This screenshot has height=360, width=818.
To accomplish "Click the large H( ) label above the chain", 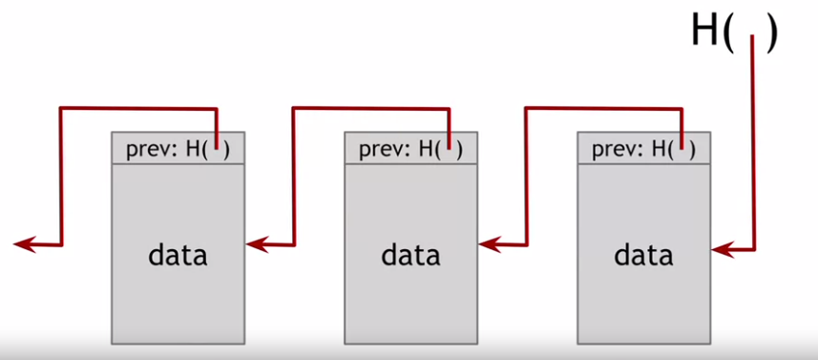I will (734, 32).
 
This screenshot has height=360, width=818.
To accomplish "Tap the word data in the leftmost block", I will (178, 255).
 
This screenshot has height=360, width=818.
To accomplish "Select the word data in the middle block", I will (410, 255).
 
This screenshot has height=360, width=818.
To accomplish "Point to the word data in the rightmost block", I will (643, 255).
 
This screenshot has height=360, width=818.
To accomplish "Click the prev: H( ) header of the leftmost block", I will (178, 148).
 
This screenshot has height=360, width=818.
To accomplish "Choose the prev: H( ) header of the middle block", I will (410, 148).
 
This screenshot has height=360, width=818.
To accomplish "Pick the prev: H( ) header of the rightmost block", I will (643, 148).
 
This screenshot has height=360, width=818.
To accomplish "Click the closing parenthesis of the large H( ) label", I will (771, 32).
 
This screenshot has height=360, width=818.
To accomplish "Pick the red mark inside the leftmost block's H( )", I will (218, 145).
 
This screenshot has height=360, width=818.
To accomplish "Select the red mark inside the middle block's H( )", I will (451, 145).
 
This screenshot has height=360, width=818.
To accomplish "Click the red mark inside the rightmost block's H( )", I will (683, 145).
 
